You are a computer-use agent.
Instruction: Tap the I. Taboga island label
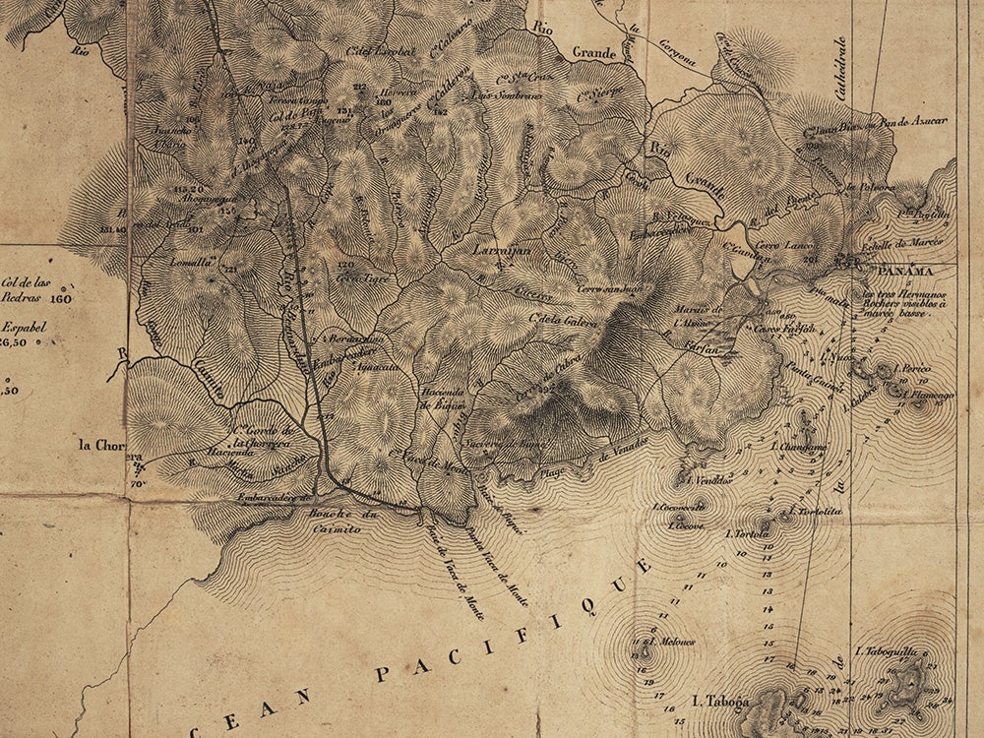point(721,702)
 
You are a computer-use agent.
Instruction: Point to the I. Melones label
point(671,642)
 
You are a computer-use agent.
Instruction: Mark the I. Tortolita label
point(809,512)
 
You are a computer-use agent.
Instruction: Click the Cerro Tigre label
point(359,277)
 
